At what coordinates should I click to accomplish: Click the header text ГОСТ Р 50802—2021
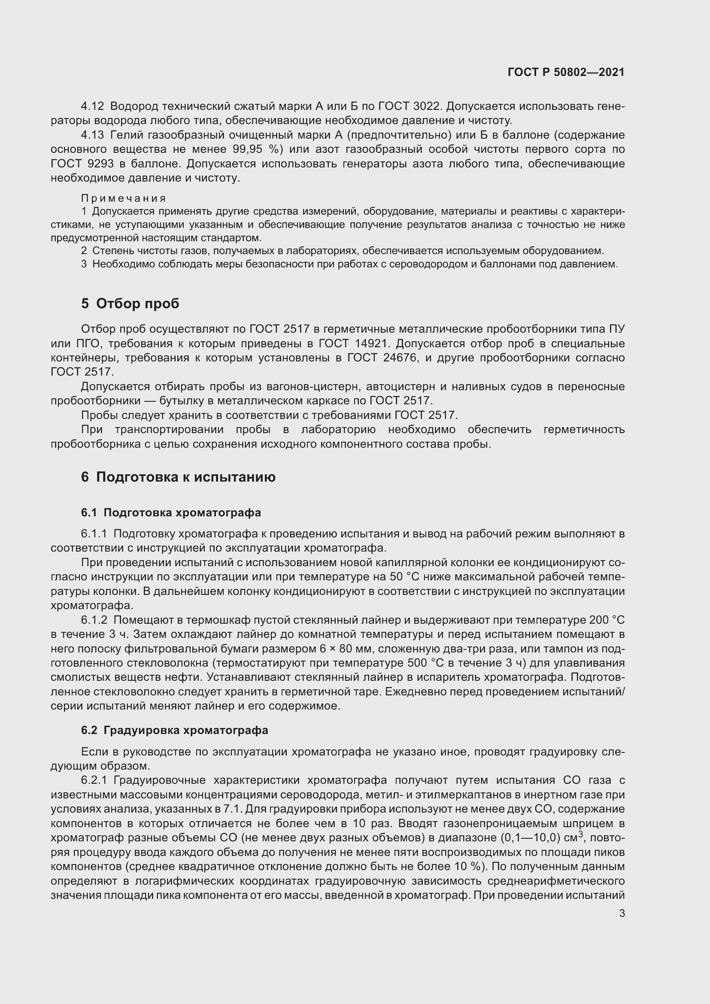(566, 72)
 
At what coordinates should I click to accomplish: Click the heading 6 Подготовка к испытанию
(178, 476)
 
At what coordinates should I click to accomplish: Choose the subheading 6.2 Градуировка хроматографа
(174, 730)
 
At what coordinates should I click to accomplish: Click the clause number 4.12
(92, 106)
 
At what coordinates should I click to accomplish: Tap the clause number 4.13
(92, 135)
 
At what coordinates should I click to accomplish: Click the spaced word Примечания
(123, 199)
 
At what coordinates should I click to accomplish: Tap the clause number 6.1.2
(94, 620)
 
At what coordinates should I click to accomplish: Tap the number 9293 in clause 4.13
(100, 164)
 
